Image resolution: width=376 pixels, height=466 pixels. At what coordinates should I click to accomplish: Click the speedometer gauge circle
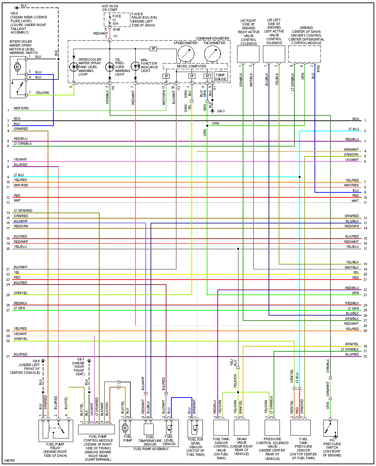186,54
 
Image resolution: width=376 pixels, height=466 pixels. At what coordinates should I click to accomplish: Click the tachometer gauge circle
212,54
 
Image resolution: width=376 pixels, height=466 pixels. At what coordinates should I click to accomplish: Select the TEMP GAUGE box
221,77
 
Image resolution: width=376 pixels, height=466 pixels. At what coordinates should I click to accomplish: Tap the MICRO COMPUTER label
192,66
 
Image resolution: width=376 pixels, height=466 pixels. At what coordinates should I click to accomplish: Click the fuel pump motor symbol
125,428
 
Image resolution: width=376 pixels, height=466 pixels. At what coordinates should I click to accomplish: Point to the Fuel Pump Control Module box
96,429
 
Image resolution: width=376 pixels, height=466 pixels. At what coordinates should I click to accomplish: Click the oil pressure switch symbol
330,428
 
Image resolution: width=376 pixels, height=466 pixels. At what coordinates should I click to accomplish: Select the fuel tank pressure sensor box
300,428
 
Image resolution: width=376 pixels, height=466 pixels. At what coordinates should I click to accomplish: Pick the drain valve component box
241,428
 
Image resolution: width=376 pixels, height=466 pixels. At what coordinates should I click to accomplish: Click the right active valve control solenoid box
248,54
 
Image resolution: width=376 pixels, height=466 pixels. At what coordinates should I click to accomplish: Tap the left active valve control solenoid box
274,54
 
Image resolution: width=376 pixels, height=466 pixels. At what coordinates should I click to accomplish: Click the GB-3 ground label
221,111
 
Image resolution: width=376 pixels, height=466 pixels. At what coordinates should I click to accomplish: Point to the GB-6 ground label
36,361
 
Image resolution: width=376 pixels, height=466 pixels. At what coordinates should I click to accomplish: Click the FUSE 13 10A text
116,20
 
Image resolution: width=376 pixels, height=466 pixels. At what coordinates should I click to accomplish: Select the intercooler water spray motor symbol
17,67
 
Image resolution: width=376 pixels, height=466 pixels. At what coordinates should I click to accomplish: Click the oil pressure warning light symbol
110,67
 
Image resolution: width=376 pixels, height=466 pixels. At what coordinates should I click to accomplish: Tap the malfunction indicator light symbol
135,66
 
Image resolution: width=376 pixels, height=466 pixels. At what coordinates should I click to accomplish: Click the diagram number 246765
10,460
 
